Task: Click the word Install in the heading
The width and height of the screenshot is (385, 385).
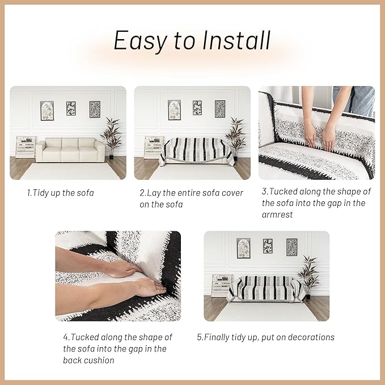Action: (236, 40)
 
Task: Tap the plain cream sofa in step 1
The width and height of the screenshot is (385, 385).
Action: (70, 150)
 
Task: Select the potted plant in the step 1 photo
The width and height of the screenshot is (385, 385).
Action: (111, 138)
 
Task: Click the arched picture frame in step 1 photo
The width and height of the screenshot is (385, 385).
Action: (47, 111)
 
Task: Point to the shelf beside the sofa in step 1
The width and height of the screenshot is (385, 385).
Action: (26, 147)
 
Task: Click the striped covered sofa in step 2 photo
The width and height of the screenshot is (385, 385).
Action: (197, 151)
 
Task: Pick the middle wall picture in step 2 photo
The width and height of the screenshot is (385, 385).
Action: (197, 108)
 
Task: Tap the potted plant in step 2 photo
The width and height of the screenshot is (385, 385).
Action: (235, 138)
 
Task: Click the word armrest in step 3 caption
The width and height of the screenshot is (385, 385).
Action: (277, 214)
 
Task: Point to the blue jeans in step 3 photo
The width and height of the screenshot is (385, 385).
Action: (356, 100)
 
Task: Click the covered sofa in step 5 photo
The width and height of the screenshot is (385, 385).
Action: (266, 289)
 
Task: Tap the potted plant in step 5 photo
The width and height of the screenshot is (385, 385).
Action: (308, 277)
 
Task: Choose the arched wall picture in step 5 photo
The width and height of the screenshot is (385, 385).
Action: (243, 248)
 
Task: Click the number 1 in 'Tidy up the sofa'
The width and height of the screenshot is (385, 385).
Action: (28, 193)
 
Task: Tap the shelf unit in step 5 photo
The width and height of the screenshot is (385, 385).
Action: (221, 285)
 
